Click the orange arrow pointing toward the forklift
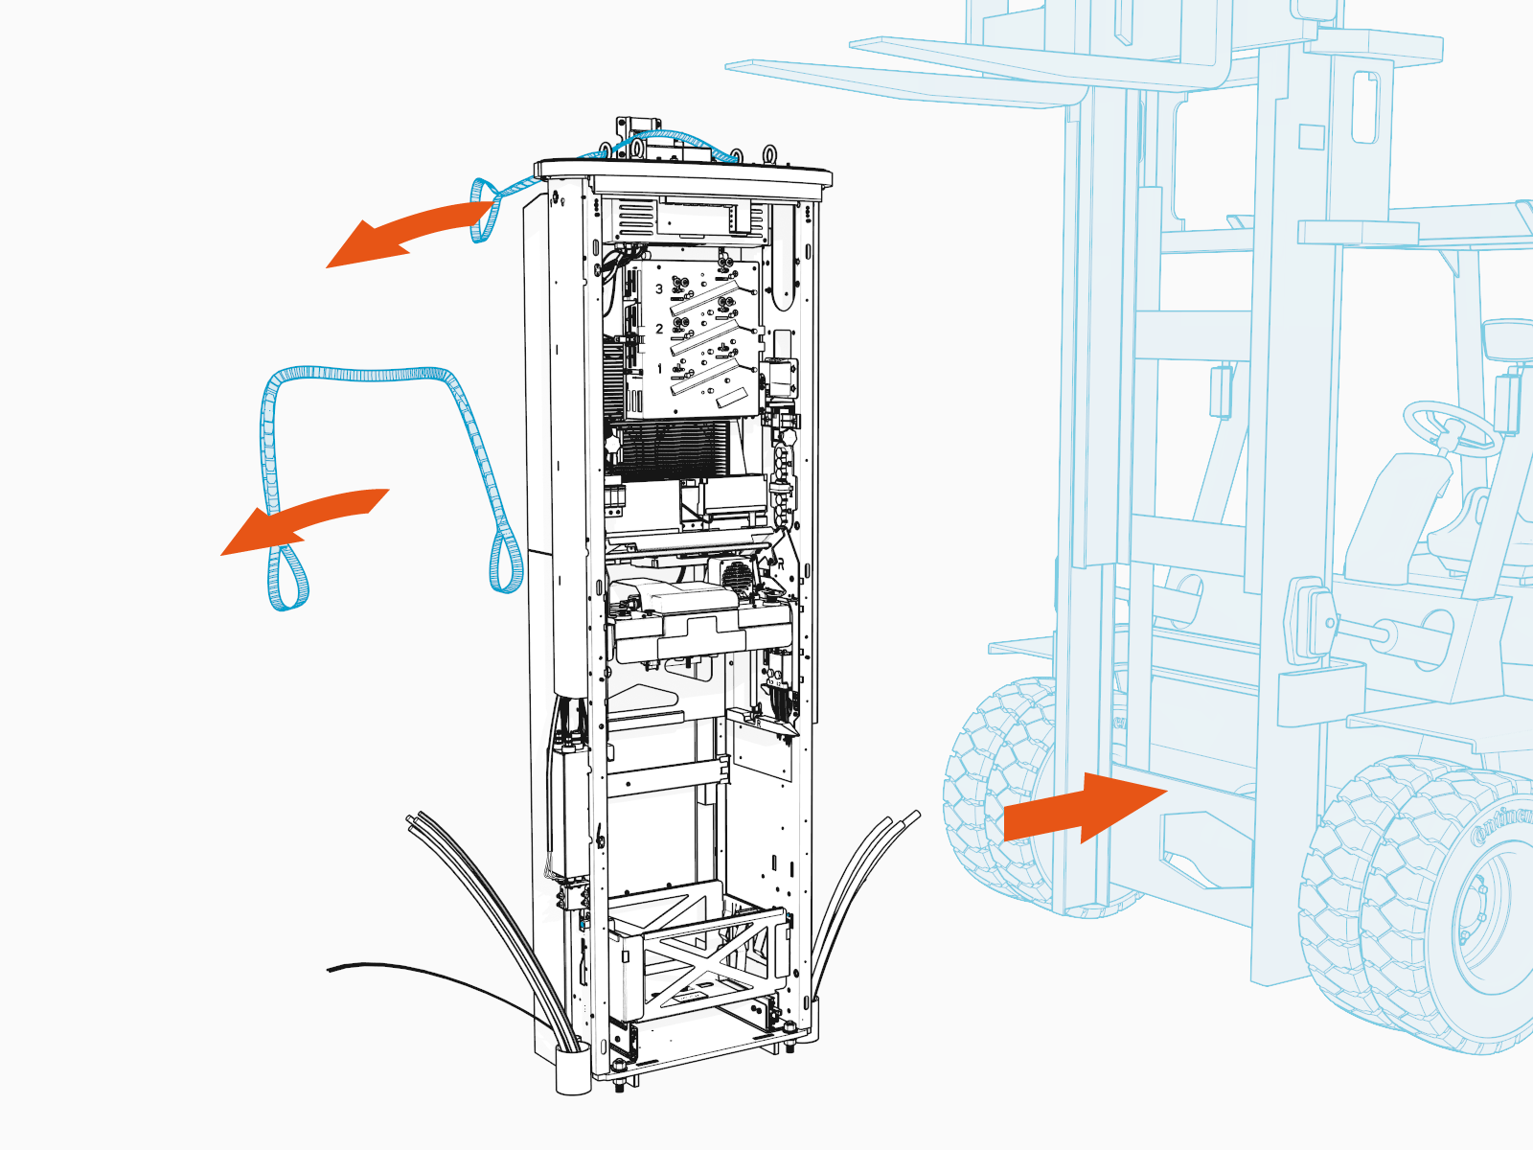coord(1078,810)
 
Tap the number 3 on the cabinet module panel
coord(659,288)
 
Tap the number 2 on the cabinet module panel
coord(659,329)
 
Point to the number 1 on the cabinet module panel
coord(659,369)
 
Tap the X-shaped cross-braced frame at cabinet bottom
coord(699,958)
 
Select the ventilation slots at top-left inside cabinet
coord(632,221)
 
